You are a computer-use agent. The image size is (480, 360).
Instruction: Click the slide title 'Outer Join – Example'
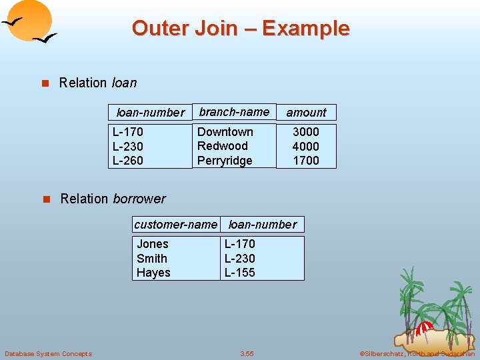(x=241, y=28)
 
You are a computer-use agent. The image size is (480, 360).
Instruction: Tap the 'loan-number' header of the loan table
(x=150, y=113)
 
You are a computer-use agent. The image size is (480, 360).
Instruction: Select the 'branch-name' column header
(x=234, y=112)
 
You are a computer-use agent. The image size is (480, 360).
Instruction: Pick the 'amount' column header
(x=306, y=113)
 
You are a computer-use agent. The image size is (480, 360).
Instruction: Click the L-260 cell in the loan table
(x=128, y=161)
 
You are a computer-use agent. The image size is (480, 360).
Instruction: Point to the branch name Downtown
(x=225, y=132)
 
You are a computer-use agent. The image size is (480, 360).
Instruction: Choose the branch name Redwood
(x=223, y=146)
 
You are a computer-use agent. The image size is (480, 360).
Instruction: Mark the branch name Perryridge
(x=225, y=161)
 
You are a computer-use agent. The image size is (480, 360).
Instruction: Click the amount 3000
(x=306, y=132)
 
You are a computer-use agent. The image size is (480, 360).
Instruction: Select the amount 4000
(x=306, y=146)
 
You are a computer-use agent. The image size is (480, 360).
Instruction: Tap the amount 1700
(x=306, y=161)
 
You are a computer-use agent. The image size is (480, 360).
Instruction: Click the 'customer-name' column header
(x=175, y=225)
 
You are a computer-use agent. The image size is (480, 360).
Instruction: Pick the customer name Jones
(x=153, y=244)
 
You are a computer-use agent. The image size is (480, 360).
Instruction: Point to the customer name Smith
(x=152, y=259)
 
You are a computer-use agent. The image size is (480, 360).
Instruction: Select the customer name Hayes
(x=153, y=273)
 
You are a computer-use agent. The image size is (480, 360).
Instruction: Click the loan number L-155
(x=240, y=273)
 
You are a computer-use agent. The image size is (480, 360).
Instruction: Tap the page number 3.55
(x=247, y=353)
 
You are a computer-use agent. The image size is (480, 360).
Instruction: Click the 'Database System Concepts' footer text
(x=48, y=353)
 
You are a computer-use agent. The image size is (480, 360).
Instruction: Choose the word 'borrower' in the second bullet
(x=139, y=199)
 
